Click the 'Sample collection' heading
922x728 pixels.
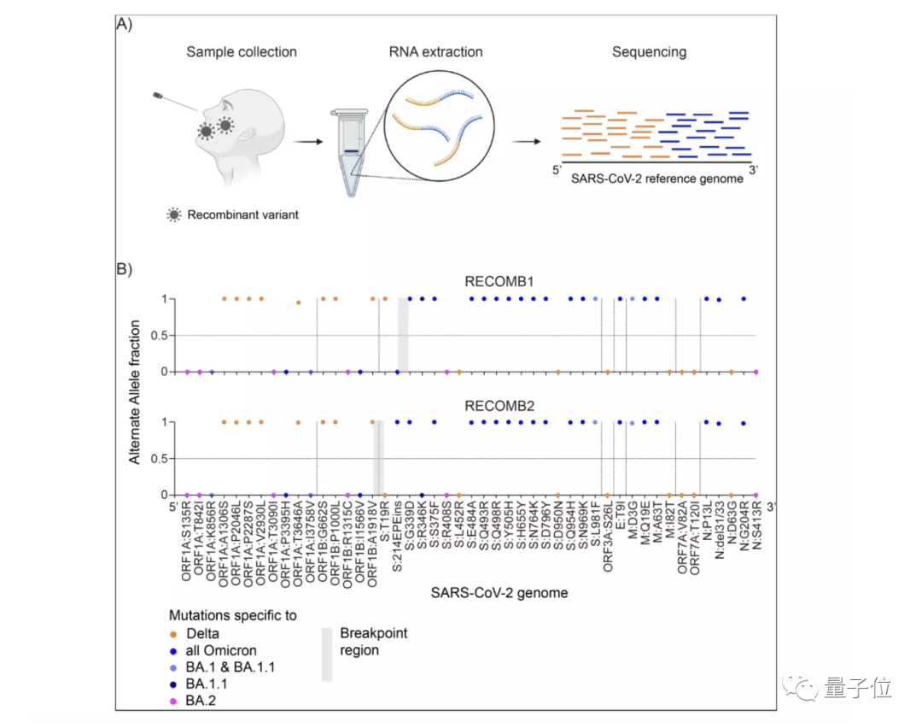pos(242,52)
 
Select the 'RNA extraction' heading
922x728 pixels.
pos(435,52)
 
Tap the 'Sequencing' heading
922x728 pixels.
pos(649,52)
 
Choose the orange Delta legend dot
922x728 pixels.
pos(174,634)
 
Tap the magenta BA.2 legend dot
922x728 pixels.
pos(174,701)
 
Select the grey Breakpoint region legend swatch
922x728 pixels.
pos(326,655)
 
